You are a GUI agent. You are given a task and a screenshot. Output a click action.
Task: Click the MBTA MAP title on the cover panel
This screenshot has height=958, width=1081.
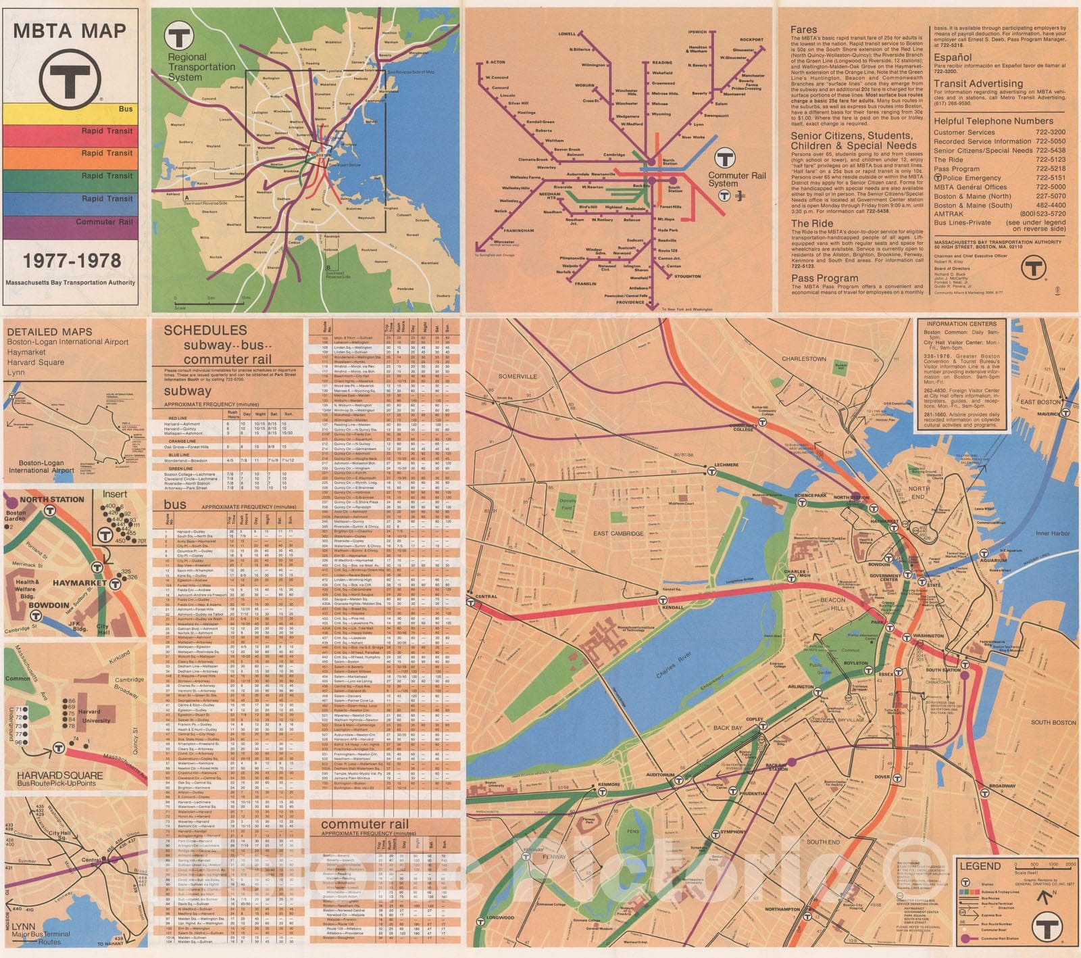[70, 31]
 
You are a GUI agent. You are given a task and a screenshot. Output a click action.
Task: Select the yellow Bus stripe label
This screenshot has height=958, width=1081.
[125, 109]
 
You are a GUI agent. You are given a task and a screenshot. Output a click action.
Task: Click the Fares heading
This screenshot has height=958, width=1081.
[804, 30]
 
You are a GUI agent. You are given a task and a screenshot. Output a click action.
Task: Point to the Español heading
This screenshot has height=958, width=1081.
[953, 57]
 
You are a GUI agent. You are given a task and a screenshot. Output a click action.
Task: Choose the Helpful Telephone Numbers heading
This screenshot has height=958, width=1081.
[993, 121]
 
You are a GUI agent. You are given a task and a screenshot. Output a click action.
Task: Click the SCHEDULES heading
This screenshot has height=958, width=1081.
[205, 331]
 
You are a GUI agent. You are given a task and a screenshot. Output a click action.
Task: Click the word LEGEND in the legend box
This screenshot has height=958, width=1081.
[980, 866]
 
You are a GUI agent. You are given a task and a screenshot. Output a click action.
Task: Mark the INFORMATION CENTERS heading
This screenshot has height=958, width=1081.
[961, 324]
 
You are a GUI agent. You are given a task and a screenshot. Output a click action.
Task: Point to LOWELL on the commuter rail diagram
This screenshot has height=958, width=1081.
[567, 34]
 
